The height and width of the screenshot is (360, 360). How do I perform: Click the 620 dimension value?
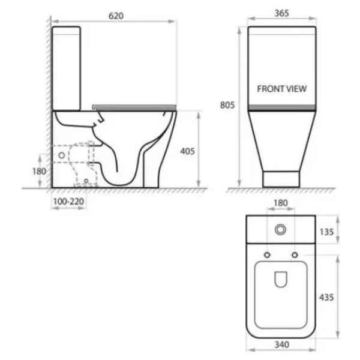(116, 16)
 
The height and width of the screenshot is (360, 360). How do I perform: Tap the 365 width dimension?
(282, 13)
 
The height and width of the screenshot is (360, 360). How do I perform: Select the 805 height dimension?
(227, 105)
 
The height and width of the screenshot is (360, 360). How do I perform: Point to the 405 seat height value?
(187, 151)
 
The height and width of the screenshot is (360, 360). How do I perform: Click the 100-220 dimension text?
(68, 202)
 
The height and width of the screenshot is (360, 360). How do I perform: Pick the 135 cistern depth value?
(326, 232)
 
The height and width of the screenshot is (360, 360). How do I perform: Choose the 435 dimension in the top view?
(326, 298)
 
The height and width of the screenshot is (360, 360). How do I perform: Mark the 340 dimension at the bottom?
(282, 344)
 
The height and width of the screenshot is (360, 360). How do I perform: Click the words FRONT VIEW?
(282, 89)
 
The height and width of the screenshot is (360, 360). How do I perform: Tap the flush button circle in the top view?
(280, 230)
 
